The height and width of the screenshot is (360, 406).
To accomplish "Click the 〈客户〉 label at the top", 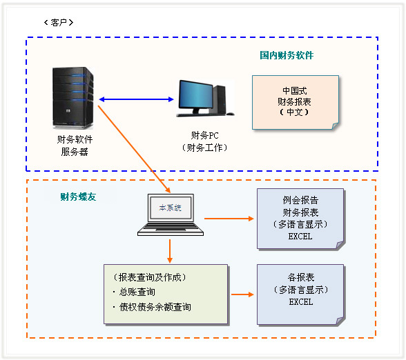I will tap(58, 22).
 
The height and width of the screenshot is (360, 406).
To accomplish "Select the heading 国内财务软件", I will tap(287, 54).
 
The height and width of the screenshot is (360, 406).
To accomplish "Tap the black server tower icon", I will tap(72, 97).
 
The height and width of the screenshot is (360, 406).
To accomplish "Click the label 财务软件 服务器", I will tap(74, 146).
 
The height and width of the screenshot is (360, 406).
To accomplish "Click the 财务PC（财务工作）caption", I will tap(204, 141).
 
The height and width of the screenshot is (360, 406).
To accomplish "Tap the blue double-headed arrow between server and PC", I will tap(136, 100).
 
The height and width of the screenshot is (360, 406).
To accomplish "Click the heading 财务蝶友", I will tap(78, 197).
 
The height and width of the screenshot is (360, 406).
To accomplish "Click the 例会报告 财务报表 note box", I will tap(300, 218).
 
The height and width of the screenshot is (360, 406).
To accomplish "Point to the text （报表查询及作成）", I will tap(149, 277).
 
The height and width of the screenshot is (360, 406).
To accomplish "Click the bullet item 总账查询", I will tap(137, 292).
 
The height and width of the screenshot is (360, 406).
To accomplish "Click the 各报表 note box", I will tap(300, 294).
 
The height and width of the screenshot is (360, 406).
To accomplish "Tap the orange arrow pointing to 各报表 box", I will tap(241, 294).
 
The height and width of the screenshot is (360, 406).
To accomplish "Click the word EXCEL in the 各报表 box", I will tap(300, 302).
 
